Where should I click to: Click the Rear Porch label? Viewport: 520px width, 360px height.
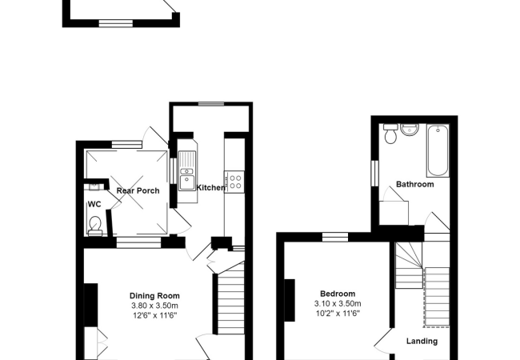click(138, 190)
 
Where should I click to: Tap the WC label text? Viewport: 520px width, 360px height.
click(94, 204)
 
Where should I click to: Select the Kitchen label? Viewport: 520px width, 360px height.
click(210, 187)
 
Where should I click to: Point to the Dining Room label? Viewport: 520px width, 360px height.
click(155, 295)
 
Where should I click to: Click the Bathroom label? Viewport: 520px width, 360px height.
click(416, 184)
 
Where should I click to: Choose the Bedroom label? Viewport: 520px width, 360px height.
click(337, 294)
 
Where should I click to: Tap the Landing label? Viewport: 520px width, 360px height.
click(422, 342)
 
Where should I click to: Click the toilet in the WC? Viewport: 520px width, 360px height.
click(95, 225)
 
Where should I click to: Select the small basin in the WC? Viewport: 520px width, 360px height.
click(95, 186)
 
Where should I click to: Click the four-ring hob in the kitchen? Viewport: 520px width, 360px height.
click(235, 182)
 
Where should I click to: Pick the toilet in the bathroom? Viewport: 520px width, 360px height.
click(390, 134)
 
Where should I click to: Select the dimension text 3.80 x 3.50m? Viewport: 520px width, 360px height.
click(155, 306)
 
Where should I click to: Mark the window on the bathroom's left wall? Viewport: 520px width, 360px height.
click(374, 172)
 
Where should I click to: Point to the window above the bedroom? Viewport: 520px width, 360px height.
click(336, 235)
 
